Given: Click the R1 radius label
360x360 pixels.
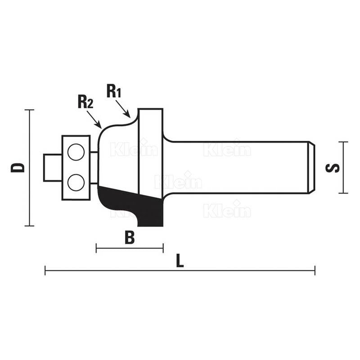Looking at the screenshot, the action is coord(114,91).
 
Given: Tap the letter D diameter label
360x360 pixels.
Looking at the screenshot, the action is coord(18,167).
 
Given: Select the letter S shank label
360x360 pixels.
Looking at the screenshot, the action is coord(333,167).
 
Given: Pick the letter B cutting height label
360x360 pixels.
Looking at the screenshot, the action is coord(130,238).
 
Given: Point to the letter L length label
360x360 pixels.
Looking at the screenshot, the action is coord(180,261).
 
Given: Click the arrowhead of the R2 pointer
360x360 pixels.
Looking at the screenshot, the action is coord(99,126).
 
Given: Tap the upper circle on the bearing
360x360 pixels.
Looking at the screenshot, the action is coord(76,152).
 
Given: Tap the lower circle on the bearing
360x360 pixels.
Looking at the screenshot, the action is coord(76,183).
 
